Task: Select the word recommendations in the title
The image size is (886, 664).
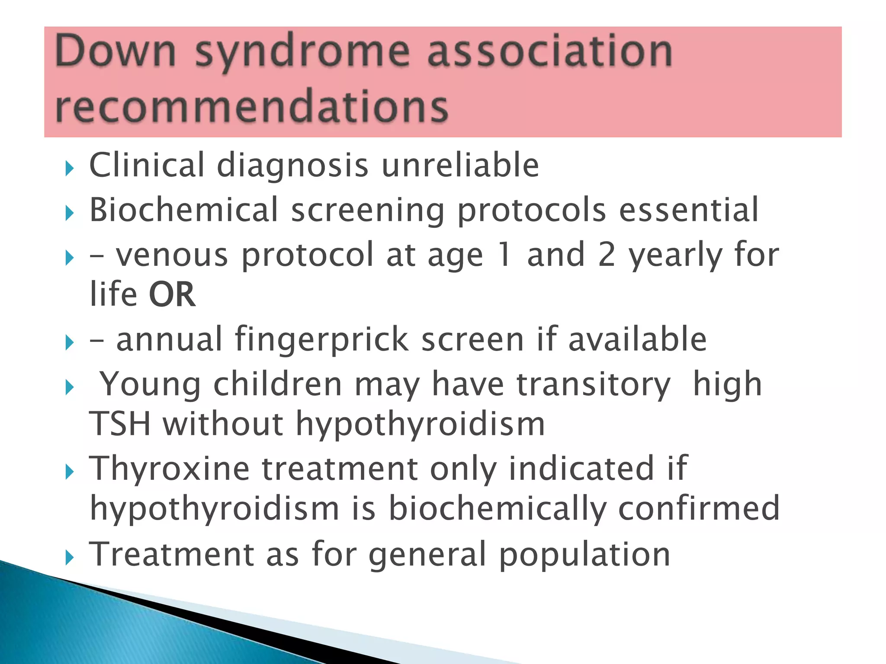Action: (x=252, y=106)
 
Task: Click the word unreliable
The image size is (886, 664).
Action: (x=460, y=165)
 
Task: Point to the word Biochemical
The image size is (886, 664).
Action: (x=183, y=210)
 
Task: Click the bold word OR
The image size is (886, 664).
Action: (x=172, y=295)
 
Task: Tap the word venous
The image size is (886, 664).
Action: (x=172, y=255)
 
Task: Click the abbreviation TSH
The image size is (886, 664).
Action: (x=120, y=424)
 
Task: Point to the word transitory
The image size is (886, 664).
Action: (x=594, y=385)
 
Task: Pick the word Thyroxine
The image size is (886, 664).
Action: (x=169, y=469)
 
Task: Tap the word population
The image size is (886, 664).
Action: (x=584, y=555)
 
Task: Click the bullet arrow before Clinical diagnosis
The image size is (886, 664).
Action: (x=70, y=168)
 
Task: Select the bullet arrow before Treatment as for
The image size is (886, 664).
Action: (x=70, y=558)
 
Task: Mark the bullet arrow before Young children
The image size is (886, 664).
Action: (x=70, y=387)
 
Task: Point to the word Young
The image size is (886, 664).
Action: (x=150, y=385)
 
